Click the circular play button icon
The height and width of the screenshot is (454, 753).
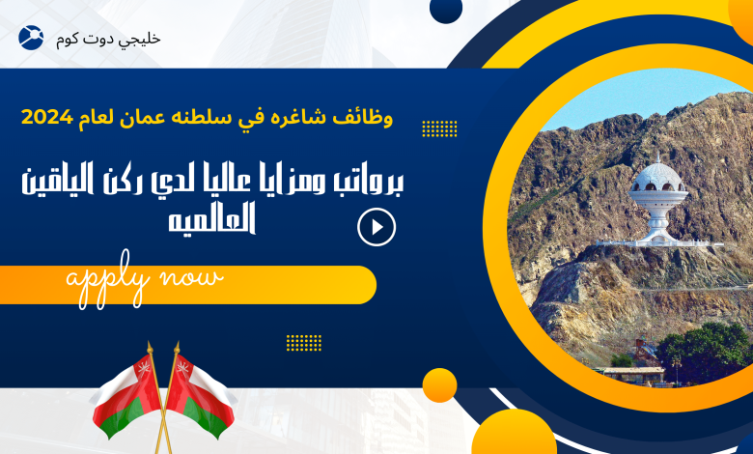click(x=376, y=227)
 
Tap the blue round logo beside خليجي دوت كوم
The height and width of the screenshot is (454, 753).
click(x=31, y=38)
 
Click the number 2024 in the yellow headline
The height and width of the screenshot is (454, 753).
click(x=47, y=117)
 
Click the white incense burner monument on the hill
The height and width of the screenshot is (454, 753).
click(x=658, y=202)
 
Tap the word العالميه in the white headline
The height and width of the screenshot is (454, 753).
click(x=211, y=218)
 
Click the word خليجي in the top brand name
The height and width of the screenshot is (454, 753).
click(x=141, y=40)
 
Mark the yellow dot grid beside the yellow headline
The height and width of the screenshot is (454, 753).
click(x=439, y=128)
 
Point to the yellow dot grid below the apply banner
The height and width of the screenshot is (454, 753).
click(x=304, y=343)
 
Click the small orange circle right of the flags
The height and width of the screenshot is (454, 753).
click(x=439, y=385)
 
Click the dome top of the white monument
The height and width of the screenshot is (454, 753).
click(x=658, y=174)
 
